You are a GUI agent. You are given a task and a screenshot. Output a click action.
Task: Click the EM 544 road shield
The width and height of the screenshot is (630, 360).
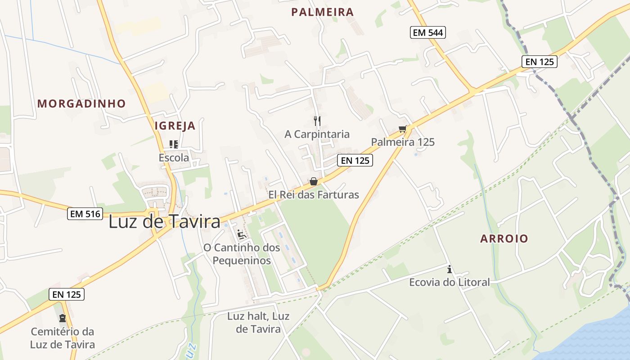(x=427, y=32)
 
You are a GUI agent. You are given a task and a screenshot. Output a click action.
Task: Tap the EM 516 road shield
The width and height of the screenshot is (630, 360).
(x=85, y=214)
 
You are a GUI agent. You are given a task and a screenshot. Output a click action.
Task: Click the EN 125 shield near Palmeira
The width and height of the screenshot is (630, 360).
(x=540, y=62)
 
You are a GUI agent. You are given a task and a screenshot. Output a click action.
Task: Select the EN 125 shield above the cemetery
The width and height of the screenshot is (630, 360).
(x=67, y=294)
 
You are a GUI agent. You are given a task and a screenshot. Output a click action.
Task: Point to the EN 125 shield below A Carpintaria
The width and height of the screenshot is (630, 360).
(x=355, y=160)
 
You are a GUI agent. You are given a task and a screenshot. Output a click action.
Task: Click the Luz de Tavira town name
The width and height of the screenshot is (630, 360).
(x=165, y=222)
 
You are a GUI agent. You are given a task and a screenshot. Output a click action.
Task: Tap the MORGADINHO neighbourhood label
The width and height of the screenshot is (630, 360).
(x=81, y=103)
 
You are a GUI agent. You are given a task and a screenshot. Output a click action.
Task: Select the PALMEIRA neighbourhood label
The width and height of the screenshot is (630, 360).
(x=323, y=12)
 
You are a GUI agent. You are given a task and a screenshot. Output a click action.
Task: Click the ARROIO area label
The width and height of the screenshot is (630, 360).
(x=504, y=238)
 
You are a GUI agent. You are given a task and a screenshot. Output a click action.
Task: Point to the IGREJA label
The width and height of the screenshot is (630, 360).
(x=175, y=126)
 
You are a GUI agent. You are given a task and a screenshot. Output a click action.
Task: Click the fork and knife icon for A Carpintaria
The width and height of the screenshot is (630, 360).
(x=317, y=121)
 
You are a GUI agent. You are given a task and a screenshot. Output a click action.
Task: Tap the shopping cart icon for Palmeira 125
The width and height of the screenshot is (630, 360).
(x=403, y=129)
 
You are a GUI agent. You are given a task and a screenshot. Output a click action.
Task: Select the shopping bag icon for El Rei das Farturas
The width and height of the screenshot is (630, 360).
(x=314, y=181)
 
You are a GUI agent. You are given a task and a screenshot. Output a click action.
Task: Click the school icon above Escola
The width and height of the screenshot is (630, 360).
(x=174, y=144)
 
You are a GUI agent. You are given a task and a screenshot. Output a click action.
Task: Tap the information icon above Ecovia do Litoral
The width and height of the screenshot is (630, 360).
(x=449, y=270)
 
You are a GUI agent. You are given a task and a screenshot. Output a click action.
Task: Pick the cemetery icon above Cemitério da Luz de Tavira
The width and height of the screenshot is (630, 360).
(x=63, y=318)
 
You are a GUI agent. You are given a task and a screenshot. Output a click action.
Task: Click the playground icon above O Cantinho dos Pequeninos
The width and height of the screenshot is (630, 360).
(x=242, y=234)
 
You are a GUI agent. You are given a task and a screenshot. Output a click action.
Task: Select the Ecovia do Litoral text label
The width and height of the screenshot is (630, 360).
(x=449, y=282)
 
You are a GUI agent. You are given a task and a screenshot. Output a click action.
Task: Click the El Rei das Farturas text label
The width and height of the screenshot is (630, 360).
(x=314, y=195)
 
